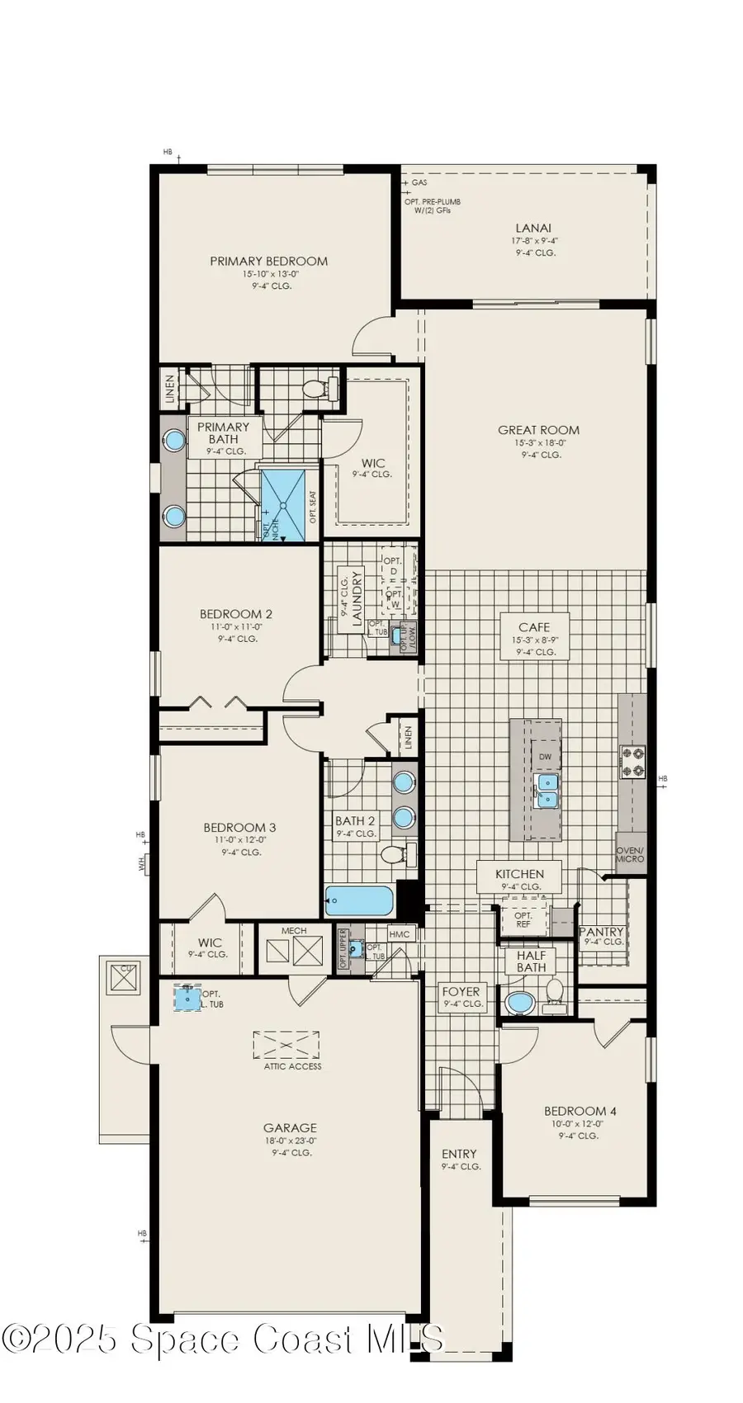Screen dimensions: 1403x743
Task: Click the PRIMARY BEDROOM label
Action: pyautogui.click(x=268, y=262)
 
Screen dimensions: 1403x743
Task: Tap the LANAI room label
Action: pyautogui.click(x=533, y=229)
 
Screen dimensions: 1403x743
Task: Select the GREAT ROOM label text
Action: pyautogui.click(x=538, y=430)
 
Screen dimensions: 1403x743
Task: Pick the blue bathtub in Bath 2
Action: pyautogui.click(x=359, y=900)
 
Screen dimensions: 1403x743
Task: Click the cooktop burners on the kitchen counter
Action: pyautogui.click(x=633, y=762)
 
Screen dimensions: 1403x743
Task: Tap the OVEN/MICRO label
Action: pyautogui.click(x=630, y=854)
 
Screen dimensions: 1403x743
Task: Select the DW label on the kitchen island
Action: pyautogui.click(x=545, y=757)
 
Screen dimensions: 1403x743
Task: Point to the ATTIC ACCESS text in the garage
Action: pyautogui.click(x=287, y=1066)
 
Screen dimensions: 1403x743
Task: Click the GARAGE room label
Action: pyautogui.click(x=290, y=1128)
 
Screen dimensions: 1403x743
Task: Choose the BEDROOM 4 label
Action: pyautogui.click(x=580, y=1112)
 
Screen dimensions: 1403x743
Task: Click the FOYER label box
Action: pyautogui.click(x=461, y=997)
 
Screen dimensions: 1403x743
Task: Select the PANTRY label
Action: pyautogui.click(x=602, y=932)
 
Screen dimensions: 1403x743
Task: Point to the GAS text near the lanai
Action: pyautogui.click(x=419, y=182)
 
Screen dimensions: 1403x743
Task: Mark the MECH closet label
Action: pyautogui.click(x=294, y=931)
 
